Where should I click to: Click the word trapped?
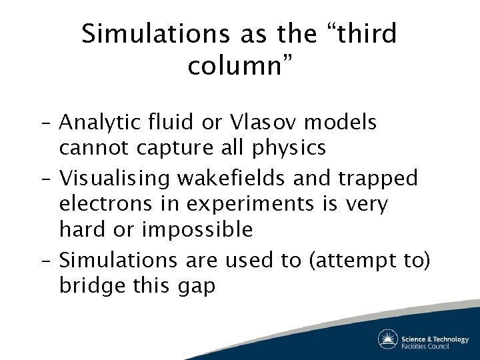(379, 178)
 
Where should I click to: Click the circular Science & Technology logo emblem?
(387, 339)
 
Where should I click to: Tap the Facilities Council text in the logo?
(425, 345)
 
